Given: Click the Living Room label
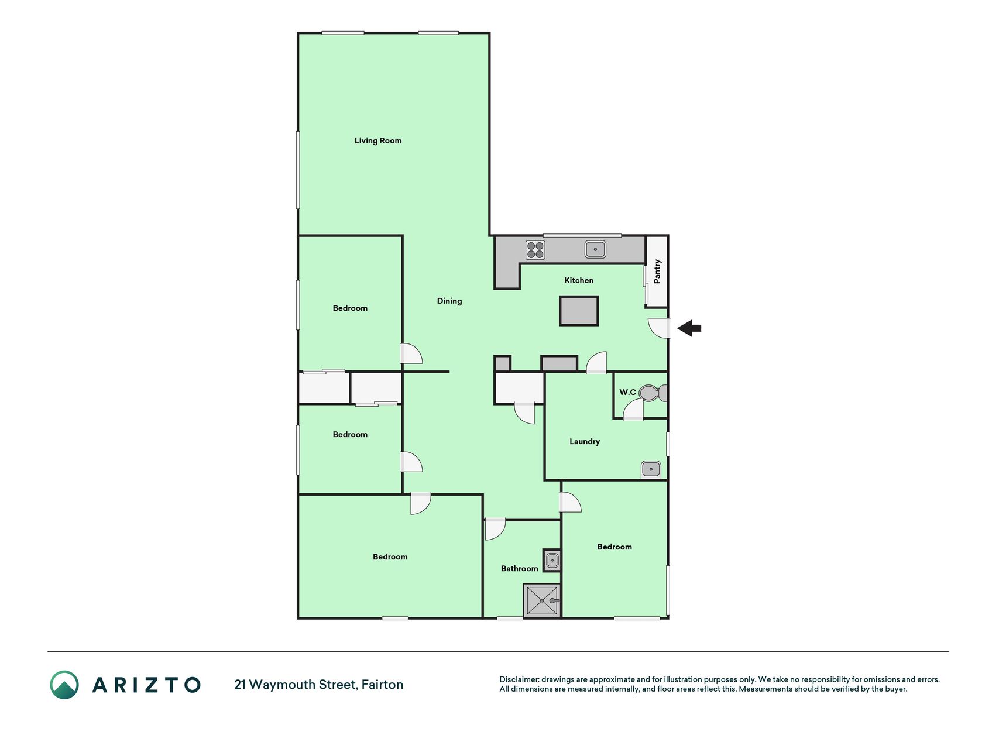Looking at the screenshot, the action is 378,140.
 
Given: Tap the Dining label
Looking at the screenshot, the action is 449,301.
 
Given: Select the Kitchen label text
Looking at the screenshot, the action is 579,280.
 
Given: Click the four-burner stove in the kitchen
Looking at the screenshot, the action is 535,250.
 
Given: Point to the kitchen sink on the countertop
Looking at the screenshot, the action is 595,249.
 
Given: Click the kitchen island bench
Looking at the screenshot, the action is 579,311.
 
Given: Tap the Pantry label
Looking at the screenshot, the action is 657,272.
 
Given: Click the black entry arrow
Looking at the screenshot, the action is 689,328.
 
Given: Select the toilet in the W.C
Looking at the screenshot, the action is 653,393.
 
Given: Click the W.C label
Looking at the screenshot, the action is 627,392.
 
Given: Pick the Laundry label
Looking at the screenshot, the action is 585,441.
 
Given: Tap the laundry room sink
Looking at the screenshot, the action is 651,469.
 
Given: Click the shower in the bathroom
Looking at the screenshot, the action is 542,600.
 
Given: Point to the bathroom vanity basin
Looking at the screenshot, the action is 552,561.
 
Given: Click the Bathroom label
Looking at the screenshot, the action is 520,568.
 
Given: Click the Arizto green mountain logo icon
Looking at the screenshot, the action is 64,685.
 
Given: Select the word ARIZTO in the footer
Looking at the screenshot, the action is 146,685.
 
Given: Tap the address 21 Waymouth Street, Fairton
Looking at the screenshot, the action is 319,685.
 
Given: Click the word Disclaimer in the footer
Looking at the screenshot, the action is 519,679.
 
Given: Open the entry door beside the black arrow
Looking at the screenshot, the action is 660,328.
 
